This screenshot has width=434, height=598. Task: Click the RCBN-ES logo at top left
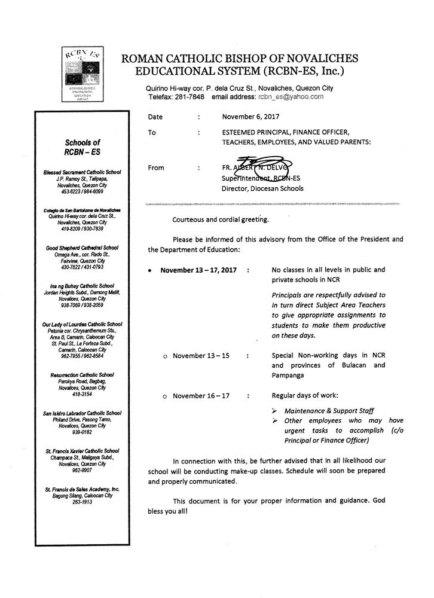click(82, 70)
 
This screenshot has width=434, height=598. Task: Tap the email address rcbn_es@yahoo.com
click(291, 96)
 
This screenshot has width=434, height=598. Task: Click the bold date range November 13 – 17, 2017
click(198, 270)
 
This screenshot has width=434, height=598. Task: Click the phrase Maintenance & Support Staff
click(329, 411)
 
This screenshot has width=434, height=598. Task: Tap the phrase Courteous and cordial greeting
click(221, 219)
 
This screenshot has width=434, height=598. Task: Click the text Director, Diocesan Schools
click(262, 188)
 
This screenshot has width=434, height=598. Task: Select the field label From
click(156, 168)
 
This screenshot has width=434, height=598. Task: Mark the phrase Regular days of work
click(304, 396)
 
